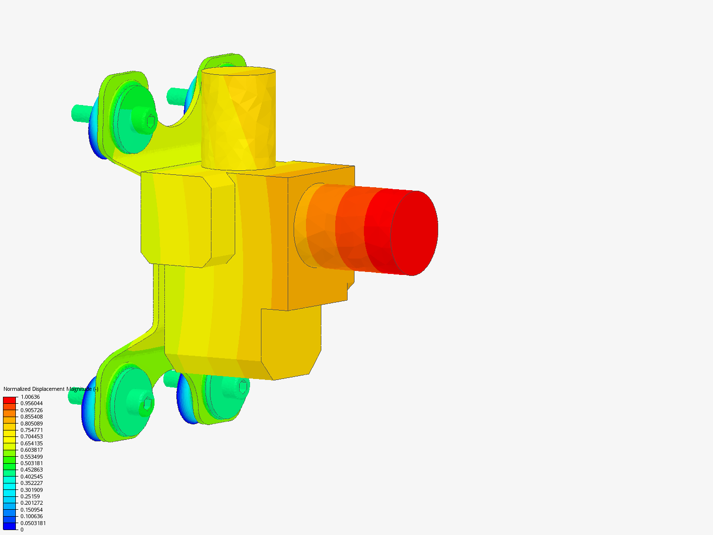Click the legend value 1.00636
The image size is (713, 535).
pyautogui.click(x=30, y=397)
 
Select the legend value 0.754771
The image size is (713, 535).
pyautogui.click(x=32, y=430)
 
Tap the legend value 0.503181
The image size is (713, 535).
pyautogui.click(x=32, y=463)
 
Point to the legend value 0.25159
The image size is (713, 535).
pyautogui.click(x=30, y=496)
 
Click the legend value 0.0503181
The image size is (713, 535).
pyautogui.click(x=33, y=523)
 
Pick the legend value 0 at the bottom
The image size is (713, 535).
pyautogui.click(x=22, y=530)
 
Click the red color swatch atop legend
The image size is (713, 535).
pyautogui.click(x=10, y=400)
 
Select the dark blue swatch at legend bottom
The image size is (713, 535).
pyautogui.click(x=10, y=526)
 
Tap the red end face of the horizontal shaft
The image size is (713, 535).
pyautogui.click(x=415, y=233)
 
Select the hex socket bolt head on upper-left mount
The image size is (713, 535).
pyautogui.click(x=151, y=120)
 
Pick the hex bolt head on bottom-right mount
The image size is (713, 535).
pyautogui.click(x=243, y=386)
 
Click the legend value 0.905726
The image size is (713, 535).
pyautogui.click(x=32, y=410)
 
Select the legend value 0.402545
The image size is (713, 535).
pyautogui.click(x=32, y=477)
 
